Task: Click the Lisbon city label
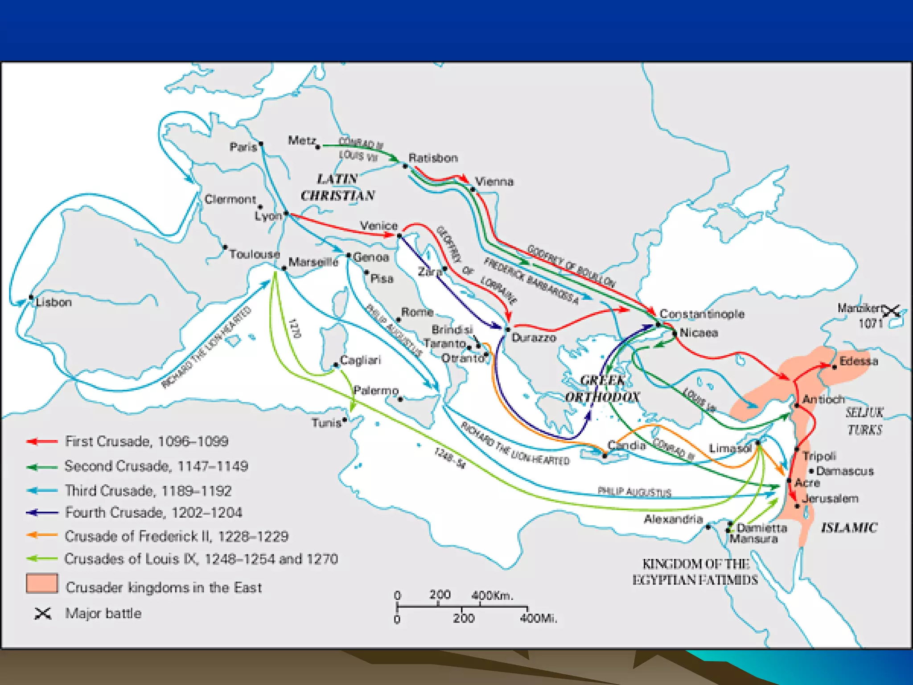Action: [53, 302]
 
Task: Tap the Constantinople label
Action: [702, 314]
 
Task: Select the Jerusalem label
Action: [830, 499]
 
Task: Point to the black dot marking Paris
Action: [261, 144]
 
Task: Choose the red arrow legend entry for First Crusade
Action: [42, 442]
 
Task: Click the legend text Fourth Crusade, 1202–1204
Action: [153, 512]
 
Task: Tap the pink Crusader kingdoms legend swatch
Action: [42, 583]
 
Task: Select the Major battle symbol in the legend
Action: [43, 614]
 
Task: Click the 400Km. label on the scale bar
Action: [492, 595]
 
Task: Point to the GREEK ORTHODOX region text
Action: [602, 388]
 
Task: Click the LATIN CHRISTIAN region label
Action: [337, 187]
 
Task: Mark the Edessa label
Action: [858, 361]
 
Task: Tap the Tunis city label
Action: [326, 422]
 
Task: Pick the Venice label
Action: [378, 226]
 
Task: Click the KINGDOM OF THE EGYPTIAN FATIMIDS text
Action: [695, 572]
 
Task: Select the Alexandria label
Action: [673, 519]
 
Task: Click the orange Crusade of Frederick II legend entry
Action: [42, 535]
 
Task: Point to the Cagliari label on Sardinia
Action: [360, 360]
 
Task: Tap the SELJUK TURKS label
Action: [864, 421]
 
